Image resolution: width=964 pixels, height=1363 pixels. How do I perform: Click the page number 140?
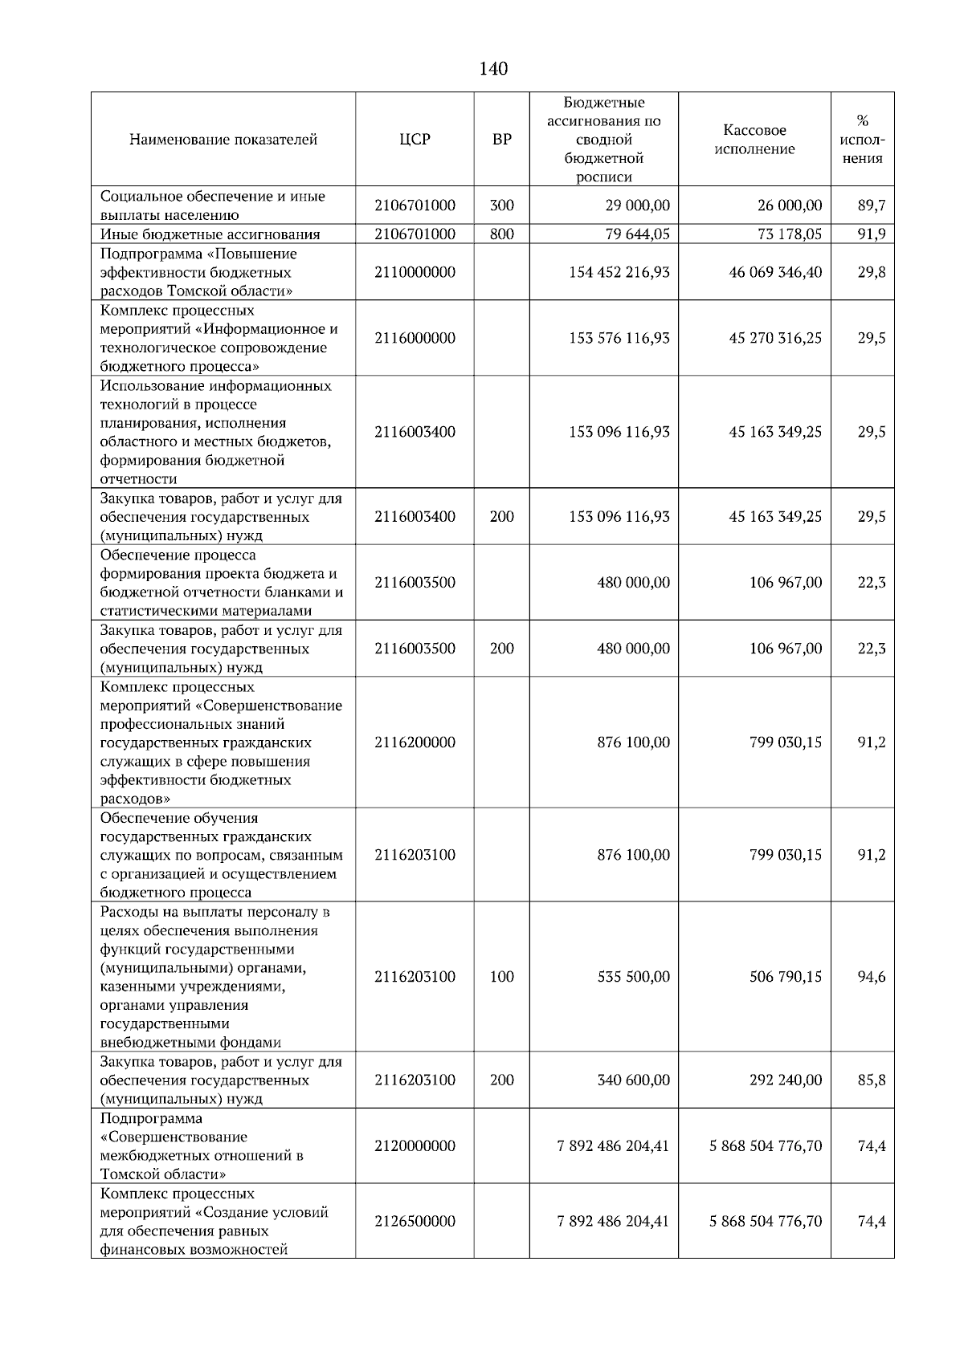click(493, 69)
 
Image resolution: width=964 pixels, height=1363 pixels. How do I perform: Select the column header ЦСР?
click(415, 140)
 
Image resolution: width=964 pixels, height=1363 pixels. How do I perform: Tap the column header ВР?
click(501, 140)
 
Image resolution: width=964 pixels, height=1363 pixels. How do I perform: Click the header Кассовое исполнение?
click(754, 140)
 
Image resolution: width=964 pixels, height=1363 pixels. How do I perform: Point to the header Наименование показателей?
click(223, 140)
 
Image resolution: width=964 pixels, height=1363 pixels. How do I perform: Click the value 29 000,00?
click(637, 205)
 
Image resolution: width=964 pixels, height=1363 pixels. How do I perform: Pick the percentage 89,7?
click(871, 205)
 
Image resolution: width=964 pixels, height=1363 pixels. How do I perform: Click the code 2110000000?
click(415, 272)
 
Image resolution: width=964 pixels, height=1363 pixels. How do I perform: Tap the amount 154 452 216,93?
click(619, 272)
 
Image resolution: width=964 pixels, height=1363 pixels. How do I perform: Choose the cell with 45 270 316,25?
click(775, 338)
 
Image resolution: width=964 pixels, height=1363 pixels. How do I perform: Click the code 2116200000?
click(415, 743)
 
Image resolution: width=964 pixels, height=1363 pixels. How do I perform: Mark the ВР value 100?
click(501, 977)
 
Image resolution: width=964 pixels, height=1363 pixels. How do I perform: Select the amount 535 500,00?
click(633, 977)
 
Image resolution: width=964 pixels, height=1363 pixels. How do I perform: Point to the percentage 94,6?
click(871, 977)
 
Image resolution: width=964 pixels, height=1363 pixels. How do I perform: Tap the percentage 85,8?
click(871, 1080)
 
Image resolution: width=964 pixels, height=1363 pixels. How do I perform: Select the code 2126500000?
click(415, 1221)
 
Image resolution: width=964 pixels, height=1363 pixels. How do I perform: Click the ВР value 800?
click(501, 234)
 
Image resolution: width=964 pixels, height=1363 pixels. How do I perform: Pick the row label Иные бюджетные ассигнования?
click(210, 234)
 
